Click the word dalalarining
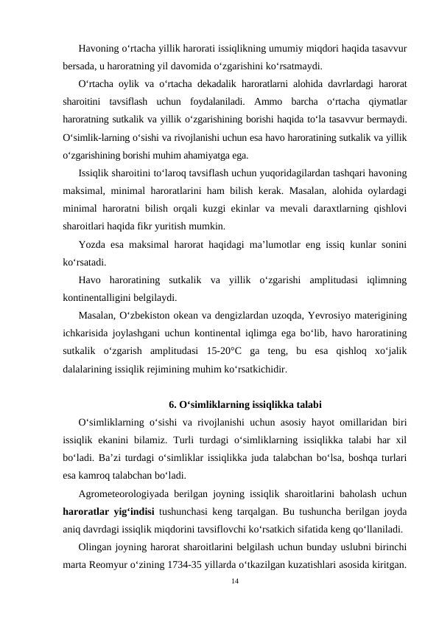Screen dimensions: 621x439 coord(89,369)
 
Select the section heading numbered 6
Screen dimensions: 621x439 coord(244,403)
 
